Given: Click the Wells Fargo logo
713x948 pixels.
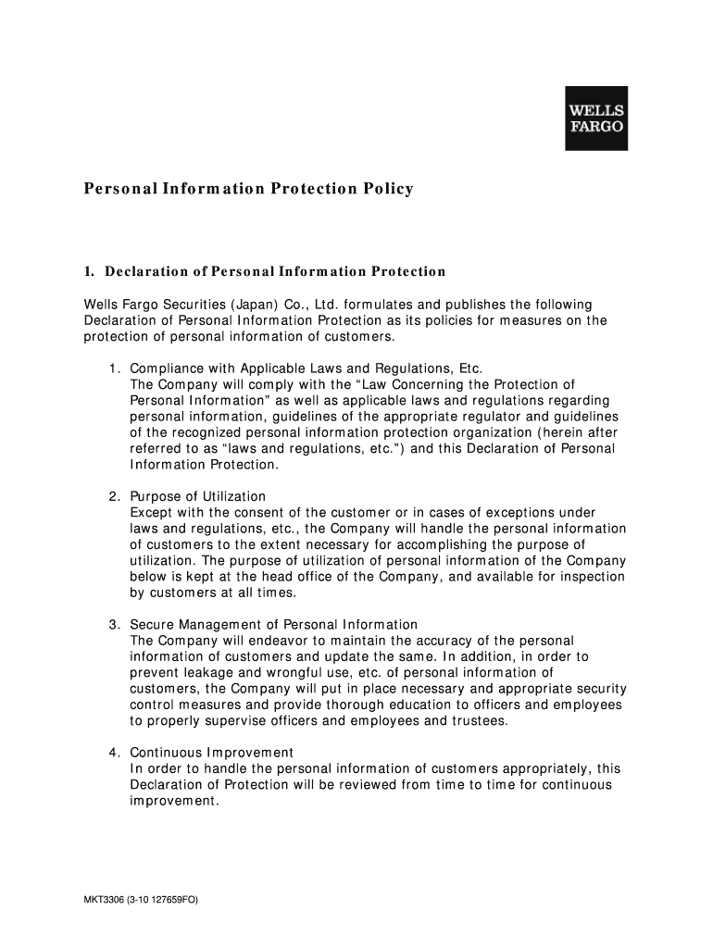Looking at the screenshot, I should click(595, 118).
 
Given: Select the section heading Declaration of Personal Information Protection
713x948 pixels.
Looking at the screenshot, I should click(274, 271).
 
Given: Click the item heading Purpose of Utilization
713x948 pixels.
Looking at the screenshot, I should click(197, 496).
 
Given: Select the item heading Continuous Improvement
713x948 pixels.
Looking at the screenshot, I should click(211, 752).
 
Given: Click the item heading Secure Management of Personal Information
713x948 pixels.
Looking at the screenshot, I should click(273, 624).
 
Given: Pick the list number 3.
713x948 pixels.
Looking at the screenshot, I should click(112, 624).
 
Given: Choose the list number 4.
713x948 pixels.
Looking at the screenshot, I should click(112, 752).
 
